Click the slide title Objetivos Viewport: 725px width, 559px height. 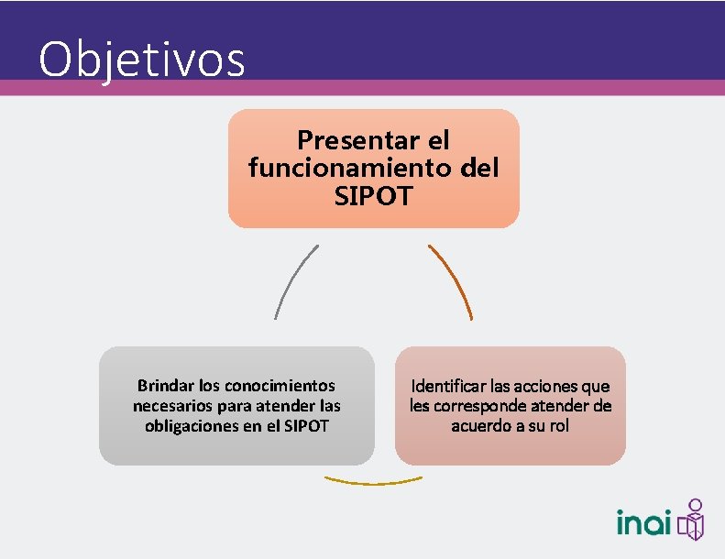point(142,60)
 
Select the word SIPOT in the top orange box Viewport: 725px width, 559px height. point(373,195)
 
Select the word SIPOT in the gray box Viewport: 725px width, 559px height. point(305,425)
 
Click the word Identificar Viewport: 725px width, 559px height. point(449,386)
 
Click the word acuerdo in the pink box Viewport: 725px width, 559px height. point(483,425)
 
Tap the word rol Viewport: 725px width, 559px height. point(559,425)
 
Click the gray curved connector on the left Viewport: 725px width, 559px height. point(291,279)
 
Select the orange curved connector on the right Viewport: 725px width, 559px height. point(453,279)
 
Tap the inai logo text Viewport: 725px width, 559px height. point(644,523)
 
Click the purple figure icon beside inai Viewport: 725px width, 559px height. point(693,520)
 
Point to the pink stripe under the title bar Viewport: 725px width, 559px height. point(458,87)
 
